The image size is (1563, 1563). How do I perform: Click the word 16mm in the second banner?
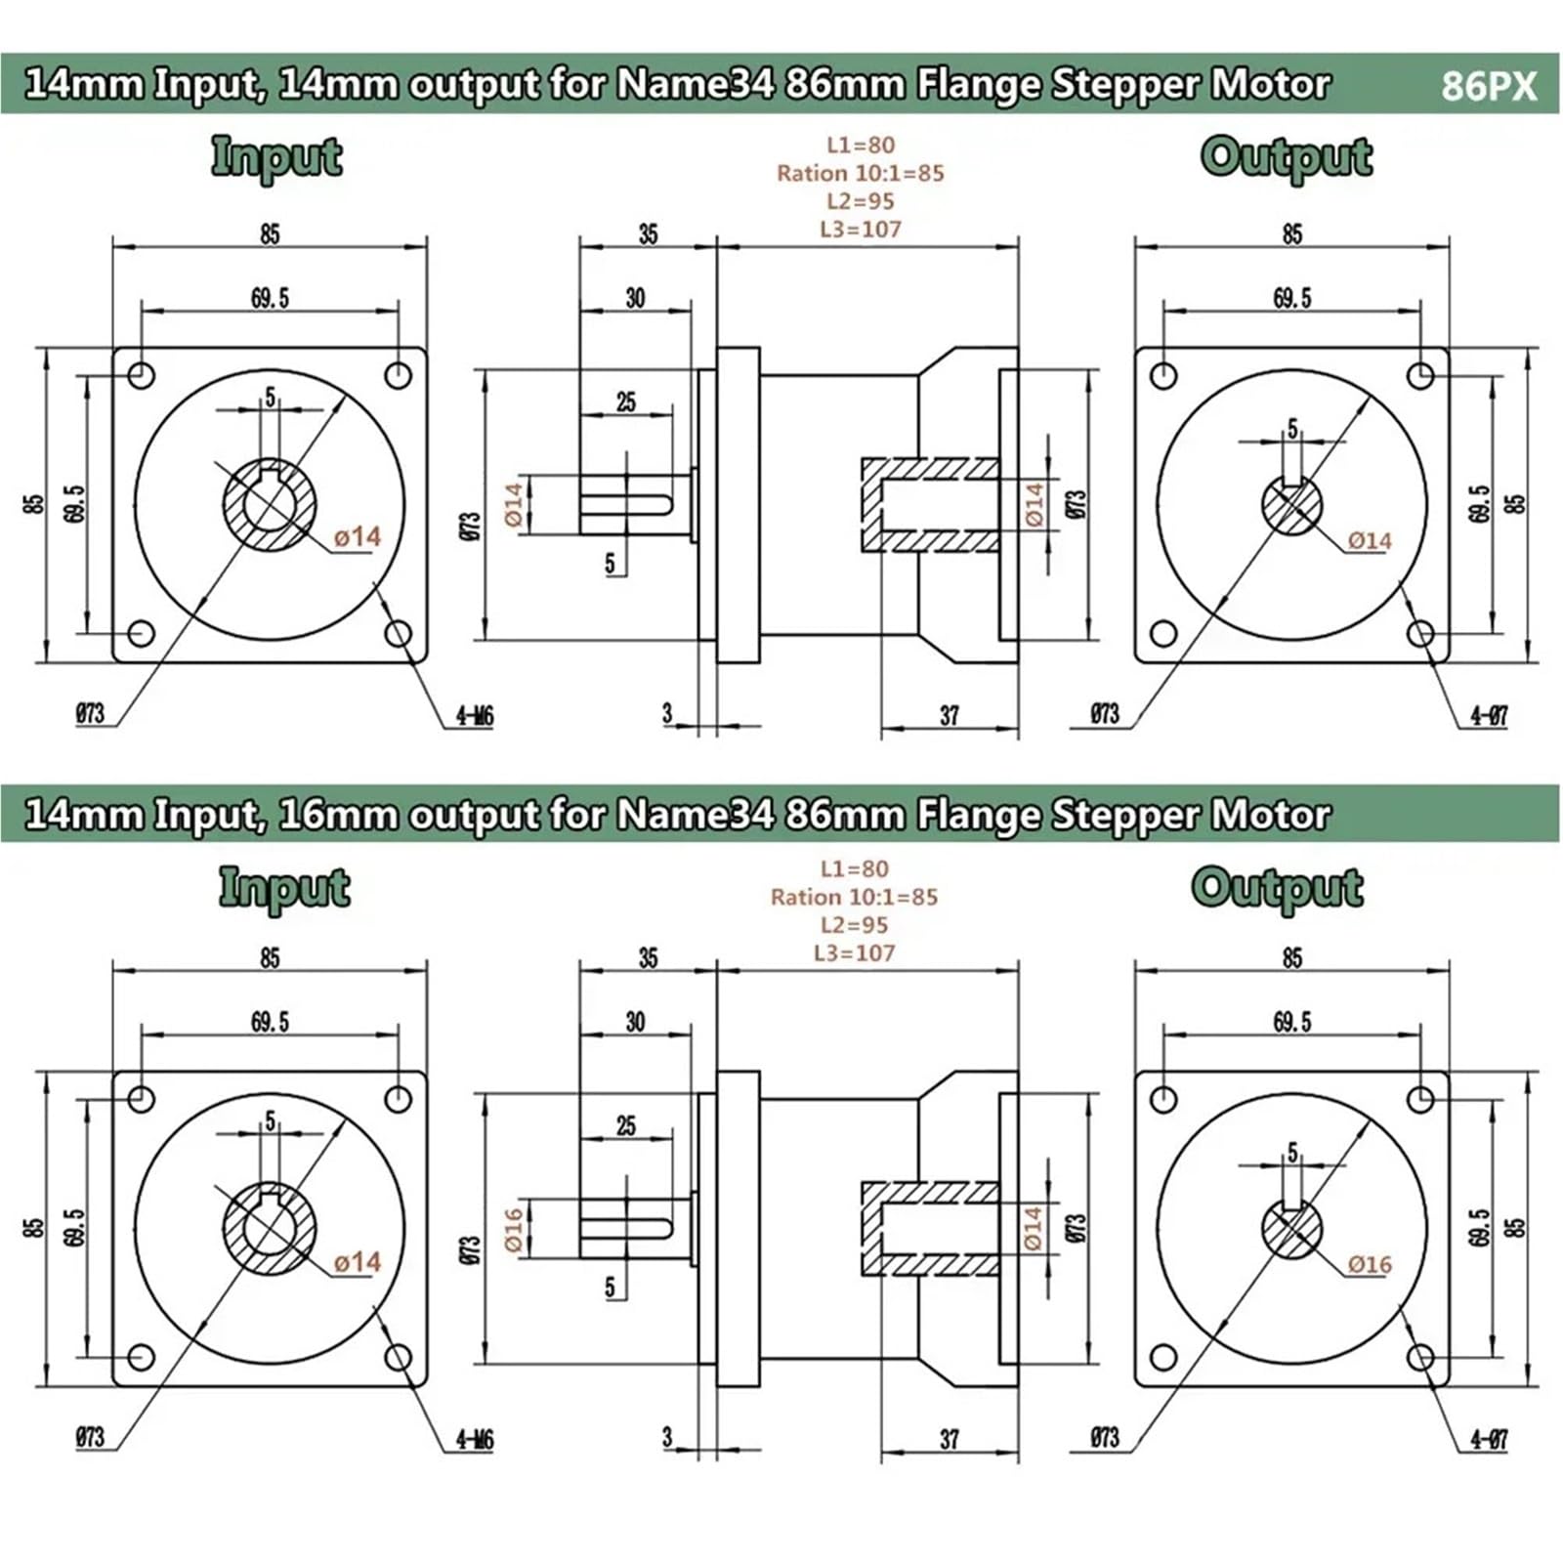tap(337, 815)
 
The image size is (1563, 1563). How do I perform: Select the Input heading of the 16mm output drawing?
tap(284, 889)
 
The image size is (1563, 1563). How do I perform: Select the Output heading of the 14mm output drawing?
tap(1287, 158)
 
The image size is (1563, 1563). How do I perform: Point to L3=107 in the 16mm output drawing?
tap(855, 952)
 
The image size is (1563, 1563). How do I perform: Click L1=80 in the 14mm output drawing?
tap(861, 145)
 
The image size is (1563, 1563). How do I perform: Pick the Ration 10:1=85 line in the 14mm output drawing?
tap(861, 173)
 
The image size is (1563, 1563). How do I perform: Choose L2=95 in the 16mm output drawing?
tap(855, 924)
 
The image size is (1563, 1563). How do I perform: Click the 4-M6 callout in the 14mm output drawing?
tap(475, 716)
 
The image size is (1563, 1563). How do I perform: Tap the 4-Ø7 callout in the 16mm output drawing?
tap(1490, 1439)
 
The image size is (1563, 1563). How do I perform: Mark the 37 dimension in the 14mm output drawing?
tap(950, 715)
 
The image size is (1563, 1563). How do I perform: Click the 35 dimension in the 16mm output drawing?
tap(649, 957)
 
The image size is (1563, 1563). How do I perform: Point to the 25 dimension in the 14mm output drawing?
tap(626, 401)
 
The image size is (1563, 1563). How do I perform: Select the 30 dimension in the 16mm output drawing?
tap(635, 1022)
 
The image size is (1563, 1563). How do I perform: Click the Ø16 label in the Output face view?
tap(1370, 1264)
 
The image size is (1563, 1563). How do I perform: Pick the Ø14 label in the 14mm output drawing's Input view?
tap(357, 536)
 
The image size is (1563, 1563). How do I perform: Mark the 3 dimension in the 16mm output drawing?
tap(667, 1436)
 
